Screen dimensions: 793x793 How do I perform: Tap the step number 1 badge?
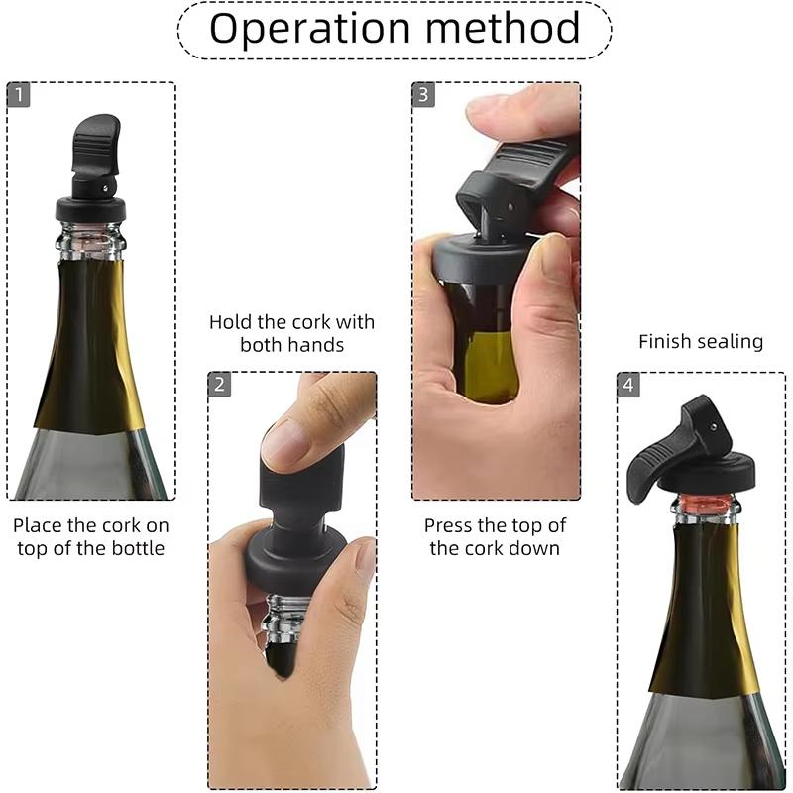(19, 95)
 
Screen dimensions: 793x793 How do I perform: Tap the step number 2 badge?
(220, 385)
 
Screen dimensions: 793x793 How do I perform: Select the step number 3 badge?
(424, 95)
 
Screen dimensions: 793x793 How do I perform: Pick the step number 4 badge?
(628, 385)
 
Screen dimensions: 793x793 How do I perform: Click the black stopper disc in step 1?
(91, 209)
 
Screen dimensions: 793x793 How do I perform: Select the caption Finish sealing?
(701, 342)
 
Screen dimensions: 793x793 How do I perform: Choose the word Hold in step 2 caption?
(229, 322)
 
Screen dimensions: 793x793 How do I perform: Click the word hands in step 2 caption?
(314, 345)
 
